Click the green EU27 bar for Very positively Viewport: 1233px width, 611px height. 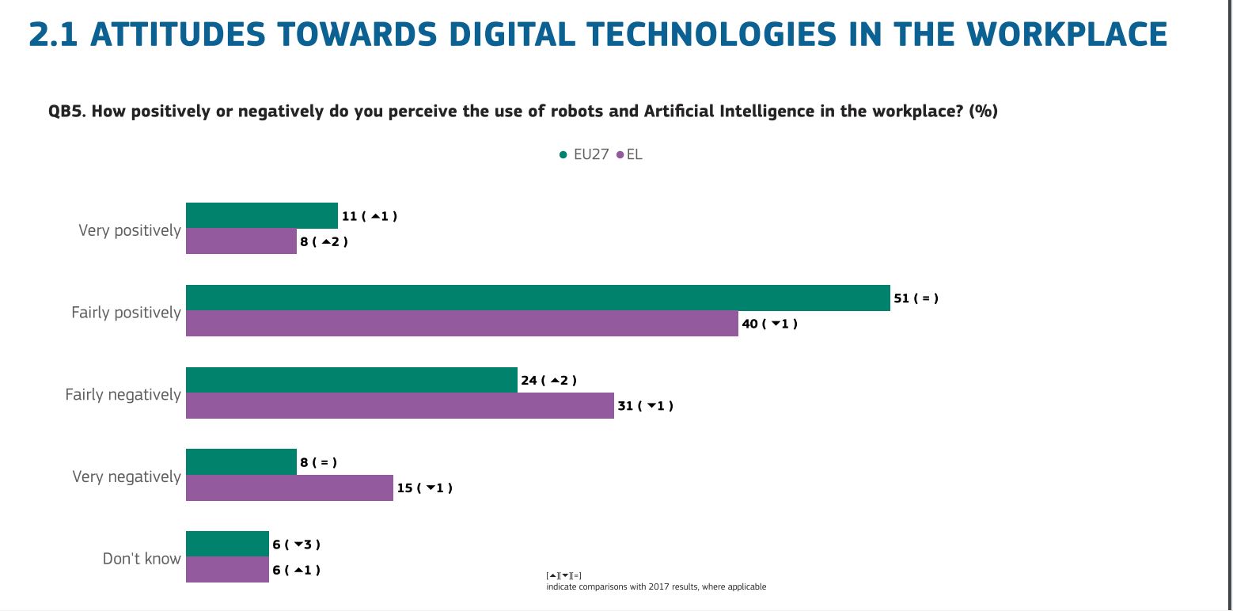point(261,215)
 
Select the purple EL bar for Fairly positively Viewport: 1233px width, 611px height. point(462,323)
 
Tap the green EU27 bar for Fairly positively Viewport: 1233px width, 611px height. point(538,298)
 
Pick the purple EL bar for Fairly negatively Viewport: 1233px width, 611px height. point(400,406)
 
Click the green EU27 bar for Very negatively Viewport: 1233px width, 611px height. point(241,462)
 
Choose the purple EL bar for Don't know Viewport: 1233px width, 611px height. point(227,569)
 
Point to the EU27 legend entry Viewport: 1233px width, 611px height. point(584,154)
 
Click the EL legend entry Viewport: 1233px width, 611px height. point(629,154)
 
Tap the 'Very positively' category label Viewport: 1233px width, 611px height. point(129,230)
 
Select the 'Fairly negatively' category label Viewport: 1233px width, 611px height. point(123,395)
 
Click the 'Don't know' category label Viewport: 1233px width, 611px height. point(142,559)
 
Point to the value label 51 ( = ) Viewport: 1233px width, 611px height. point(916,298)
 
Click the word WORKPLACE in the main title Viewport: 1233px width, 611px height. point(1067,34)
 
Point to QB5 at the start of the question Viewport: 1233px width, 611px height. point(66,111)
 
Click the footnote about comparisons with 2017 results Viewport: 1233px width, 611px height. point(656,586)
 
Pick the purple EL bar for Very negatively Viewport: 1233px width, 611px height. point(290,488)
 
